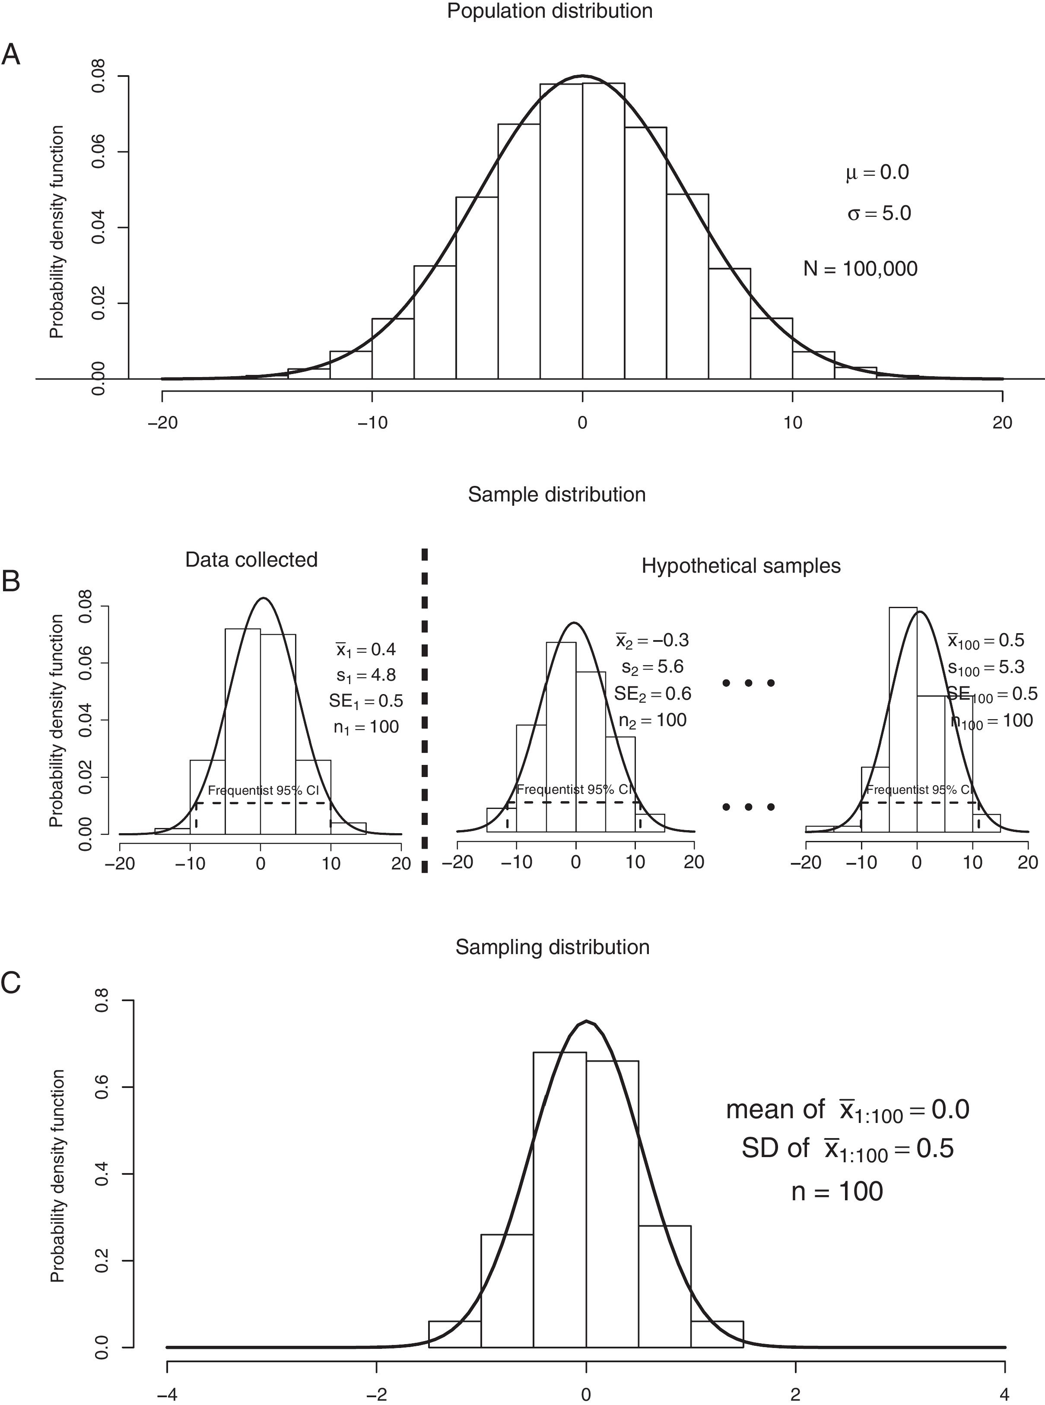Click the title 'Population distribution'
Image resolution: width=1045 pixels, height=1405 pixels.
point(549,11)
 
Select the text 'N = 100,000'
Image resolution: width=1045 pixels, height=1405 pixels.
point(860,269)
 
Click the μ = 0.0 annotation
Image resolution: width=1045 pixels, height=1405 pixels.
point(877,173)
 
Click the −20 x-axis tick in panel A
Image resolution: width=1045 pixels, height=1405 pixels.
point(162,422)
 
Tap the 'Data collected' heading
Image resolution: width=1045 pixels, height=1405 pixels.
point(251,560)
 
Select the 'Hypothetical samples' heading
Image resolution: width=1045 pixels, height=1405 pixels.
point(741,565)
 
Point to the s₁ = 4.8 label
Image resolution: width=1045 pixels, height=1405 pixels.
point(366,676)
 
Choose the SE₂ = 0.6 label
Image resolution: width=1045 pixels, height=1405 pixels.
point(653,694)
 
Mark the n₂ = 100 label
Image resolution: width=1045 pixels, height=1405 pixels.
point(652,720)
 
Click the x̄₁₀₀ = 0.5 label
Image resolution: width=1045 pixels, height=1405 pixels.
point(985,641)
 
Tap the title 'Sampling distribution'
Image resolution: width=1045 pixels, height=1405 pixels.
point(552,947)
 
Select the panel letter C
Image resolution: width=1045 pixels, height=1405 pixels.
point(11,983)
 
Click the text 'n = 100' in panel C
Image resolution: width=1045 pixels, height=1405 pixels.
point(837,1192)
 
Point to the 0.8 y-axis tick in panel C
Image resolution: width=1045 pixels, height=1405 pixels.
point(101,1001)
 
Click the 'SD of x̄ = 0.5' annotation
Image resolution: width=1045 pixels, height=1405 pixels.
point(848,1149)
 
